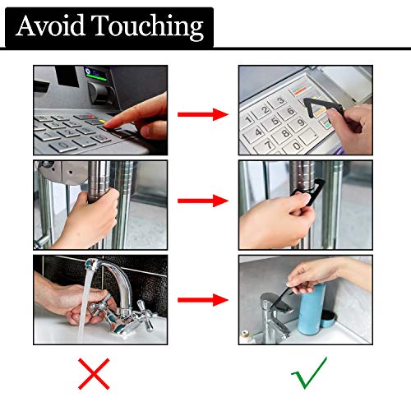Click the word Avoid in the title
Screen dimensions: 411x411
(x=50, y=25)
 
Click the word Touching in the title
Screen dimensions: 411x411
(x=147, y=27)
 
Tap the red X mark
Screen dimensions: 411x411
(x=94, y=374)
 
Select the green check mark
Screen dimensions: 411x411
(x=310, y=372)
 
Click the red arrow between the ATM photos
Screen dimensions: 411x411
(x=203, y=114)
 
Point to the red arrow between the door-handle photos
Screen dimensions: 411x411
(x=203, y=201)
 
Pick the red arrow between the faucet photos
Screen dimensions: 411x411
(x=203, y=300)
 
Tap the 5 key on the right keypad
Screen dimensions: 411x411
(x=275, y=122)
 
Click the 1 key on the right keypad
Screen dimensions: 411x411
(x=248, y=121)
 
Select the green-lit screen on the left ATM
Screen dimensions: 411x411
(x=95, y=74)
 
